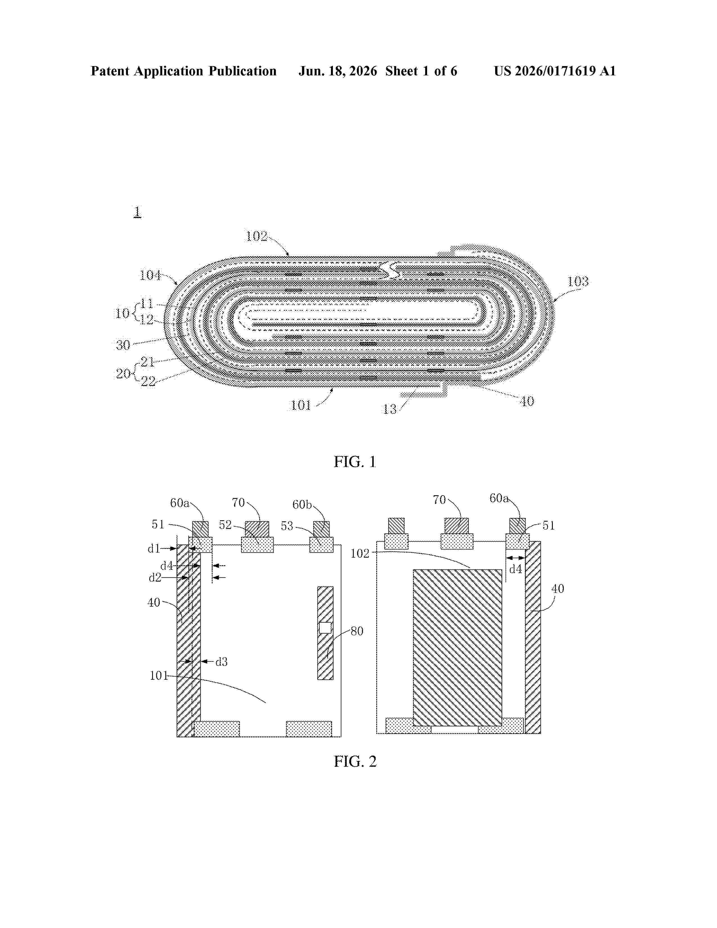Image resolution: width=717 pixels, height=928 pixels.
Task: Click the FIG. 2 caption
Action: tap(355, 762)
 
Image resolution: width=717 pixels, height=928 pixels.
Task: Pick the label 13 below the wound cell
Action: tap(389, 409)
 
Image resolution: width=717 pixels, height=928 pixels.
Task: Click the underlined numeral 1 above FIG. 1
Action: tap(137, 211)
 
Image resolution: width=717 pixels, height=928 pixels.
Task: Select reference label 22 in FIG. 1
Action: tap(148, 382)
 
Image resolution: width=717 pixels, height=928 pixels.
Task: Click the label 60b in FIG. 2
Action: tap(302, 504)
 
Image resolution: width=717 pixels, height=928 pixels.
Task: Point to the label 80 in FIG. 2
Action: tap(357, 631)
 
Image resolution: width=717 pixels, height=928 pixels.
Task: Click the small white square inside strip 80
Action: tap(325, 628)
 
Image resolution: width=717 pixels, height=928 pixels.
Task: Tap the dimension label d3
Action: tap(221, 662)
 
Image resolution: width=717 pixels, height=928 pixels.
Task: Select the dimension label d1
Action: tap(154, 549)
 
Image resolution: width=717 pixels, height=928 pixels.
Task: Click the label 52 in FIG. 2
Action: tap(225, 525)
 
